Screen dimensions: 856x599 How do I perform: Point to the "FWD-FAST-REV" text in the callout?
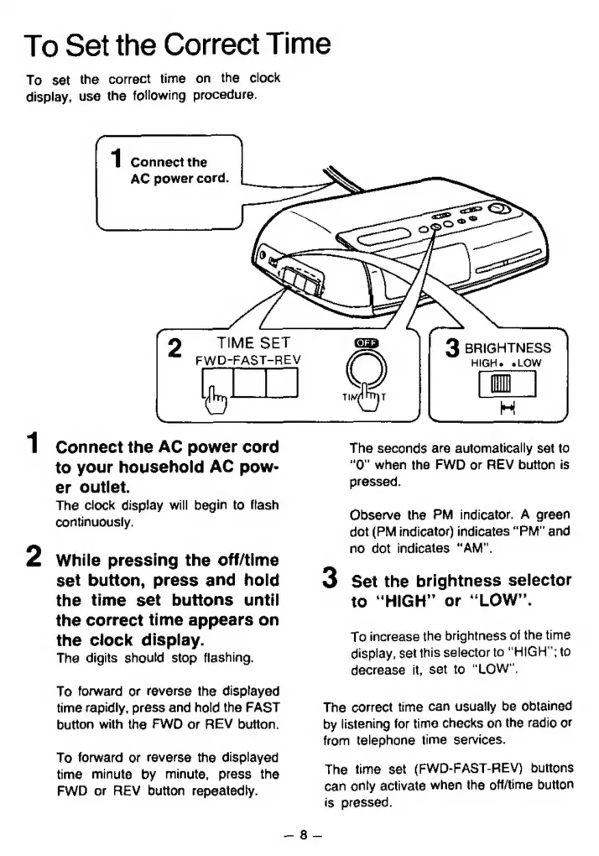point(247,360)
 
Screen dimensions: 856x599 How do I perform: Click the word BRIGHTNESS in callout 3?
point(508,347)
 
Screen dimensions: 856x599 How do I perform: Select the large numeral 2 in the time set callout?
point(175,348)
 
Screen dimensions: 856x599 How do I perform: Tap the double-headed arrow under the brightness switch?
point(507,410)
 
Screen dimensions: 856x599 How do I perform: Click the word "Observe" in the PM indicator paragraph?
point(373,515)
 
